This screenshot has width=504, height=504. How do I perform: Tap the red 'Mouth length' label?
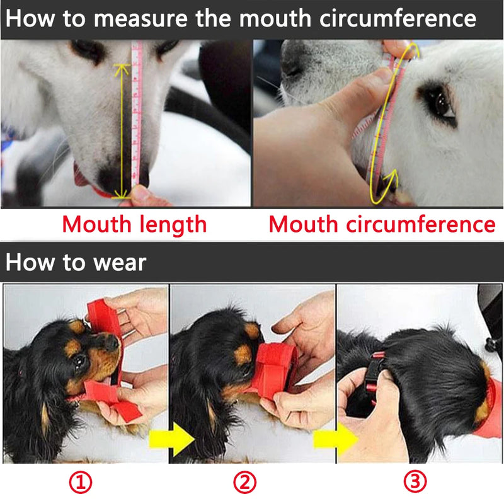click(x=135, y=224)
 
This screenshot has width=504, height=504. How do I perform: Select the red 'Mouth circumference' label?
click(x=382, y=224)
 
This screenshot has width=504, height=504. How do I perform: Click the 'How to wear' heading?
click(x=76, y=263)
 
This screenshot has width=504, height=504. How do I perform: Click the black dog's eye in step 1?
click(x=79, y=362)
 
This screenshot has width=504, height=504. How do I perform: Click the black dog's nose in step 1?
click(x=112, y=343)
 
